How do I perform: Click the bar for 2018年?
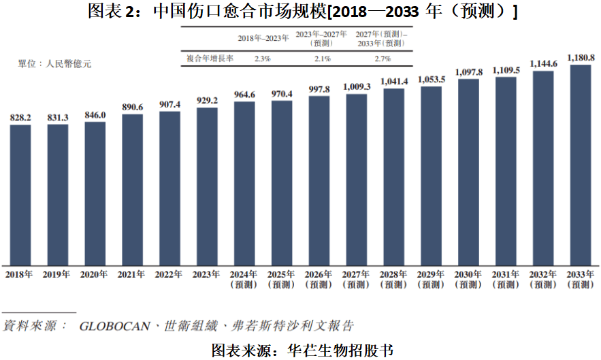20,195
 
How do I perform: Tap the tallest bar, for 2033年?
580,165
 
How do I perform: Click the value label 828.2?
20,118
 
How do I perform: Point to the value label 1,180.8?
581,57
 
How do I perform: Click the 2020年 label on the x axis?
95,275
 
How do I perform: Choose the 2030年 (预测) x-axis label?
468,280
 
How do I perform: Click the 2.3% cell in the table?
262,59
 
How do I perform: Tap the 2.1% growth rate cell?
323,59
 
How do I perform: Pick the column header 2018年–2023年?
262,38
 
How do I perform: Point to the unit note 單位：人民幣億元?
54,64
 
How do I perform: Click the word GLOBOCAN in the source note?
116,326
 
